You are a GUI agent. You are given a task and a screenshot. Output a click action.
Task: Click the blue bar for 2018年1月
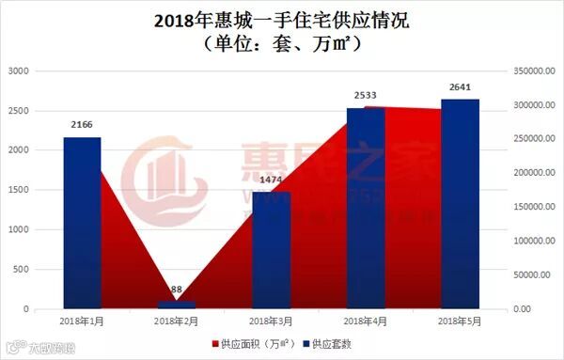(82, 223)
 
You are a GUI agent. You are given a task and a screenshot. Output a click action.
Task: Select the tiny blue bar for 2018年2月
(177, 305)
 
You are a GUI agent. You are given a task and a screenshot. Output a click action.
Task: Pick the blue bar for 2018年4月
(366, 208)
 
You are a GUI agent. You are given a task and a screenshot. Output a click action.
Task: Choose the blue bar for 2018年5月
(460, 204)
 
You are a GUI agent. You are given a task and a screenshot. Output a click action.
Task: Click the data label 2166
(82, 124)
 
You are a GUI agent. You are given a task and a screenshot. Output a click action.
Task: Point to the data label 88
(177, 290)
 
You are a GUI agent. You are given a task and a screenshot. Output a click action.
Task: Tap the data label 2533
(366, 95)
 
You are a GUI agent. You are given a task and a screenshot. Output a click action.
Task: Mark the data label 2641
(460, 86)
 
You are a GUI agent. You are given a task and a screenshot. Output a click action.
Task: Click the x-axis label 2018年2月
(177, 322)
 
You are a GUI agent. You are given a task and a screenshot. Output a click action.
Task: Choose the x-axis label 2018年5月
(460, 322)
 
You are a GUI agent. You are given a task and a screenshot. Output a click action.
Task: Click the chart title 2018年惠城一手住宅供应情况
(282, 19)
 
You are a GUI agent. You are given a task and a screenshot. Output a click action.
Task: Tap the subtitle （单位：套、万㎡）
(282, 43)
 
